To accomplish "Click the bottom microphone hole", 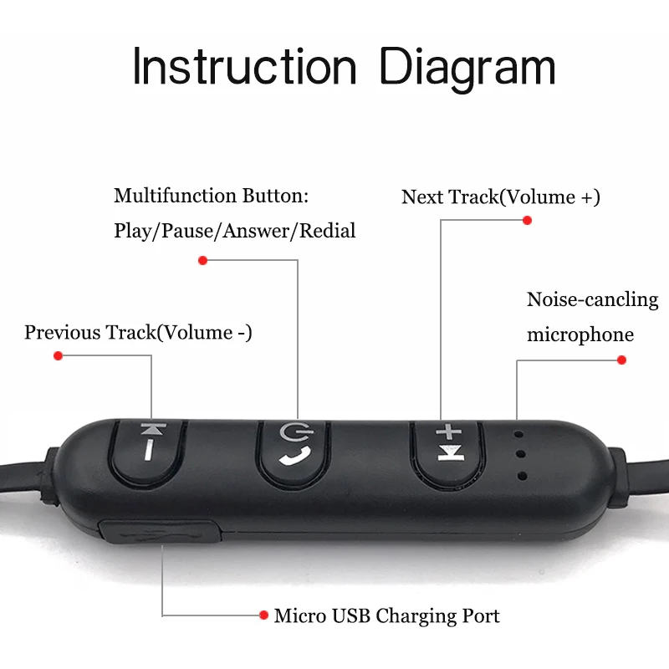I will coord(522,476).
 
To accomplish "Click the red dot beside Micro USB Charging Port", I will coord(264,615).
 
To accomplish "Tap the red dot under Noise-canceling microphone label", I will coord(621,360).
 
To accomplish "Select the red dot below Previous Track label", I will coord(58,355).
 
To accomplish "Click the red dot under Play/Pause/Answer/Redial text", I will coord(202,260).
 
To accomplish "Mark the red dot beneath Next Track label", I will coord(527,221).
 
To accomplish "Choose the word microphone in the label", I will coord(580,334).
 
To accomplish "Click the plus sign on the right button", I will coord(449,432).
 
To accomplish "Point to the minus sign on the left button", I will coord(149,452).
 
